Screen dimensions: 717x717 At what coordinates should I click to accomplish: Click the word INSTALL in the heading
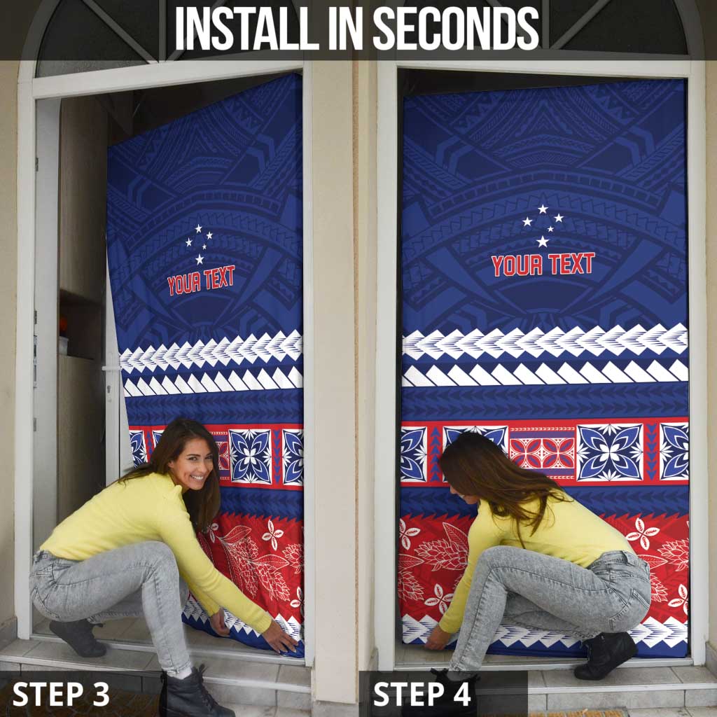tap(246, 28)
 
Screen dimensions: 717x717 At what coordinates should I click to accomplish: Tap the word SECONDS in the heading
tap(457, 28)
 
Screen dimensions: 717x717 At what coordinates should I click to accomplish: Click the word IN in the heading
tap(345, 28)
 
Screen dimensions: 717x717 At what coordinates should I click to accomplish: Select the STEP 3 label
tap(61, 694)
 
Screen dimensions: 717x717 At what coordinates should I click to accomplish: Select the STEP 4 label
tap(422, 694)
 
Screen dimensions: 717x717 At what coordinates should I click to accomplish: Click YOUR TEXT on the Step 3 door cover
tap(201, 280)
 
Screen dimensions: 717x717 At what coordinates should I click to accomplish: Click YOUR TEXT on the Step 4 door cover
tap(543, 265)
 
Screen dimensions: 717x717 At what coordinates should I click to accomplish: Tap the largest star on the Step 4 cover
tap(543, 241)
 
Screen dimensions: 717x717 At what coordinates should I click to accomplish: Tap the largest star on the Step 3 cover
tap(200, 259)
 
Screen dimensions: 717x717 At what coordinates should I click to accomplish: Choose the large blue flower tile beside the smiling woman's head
tap(250, 457)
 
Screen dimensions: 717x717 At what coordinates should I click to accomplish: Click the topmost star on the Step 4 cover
tap(543, 209)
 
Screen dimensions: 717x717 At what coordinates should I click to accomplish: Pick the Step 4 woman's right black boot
tap(605, 655)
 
